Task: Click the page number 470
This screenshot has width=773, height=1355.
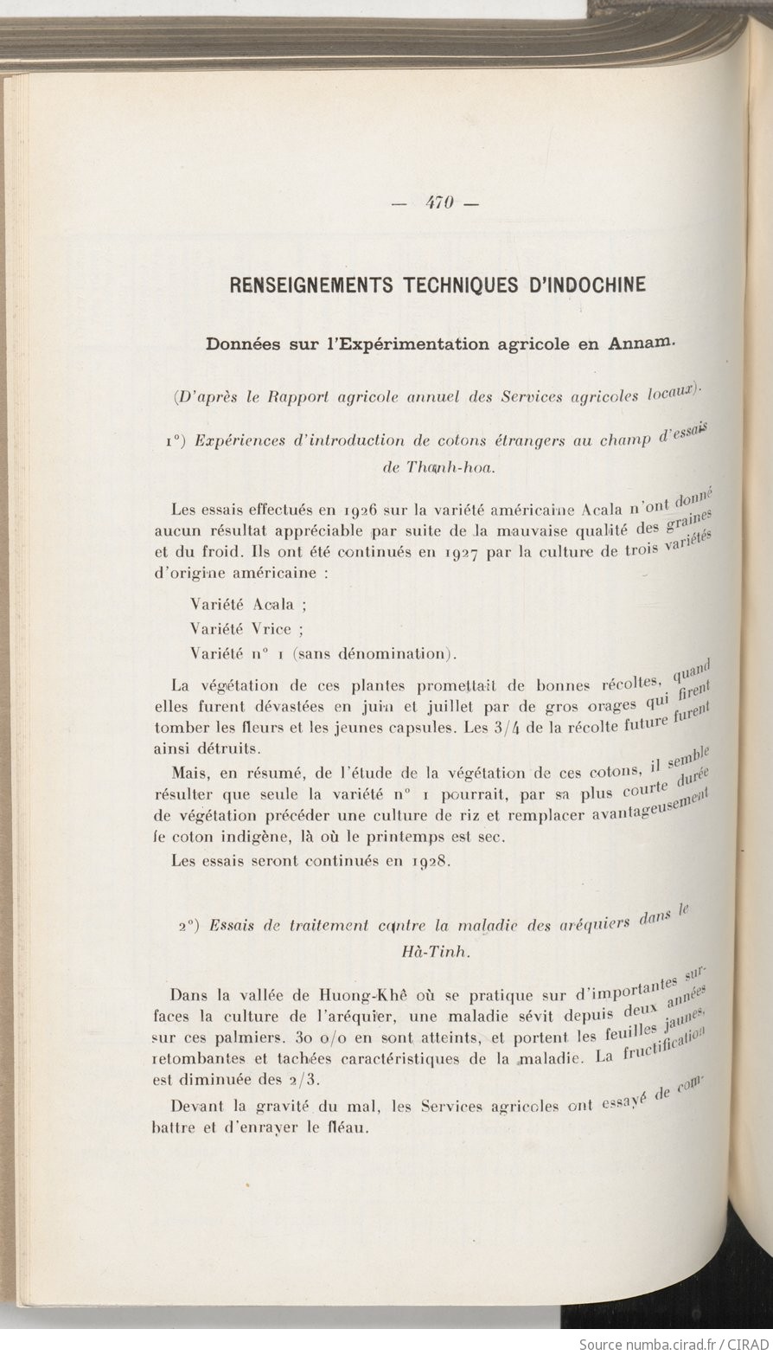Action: pyautogui.click(x=440, y=204)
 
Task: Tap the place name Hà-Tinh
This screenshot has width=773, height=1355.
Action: pyautogui.click(x=438, y=952)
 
